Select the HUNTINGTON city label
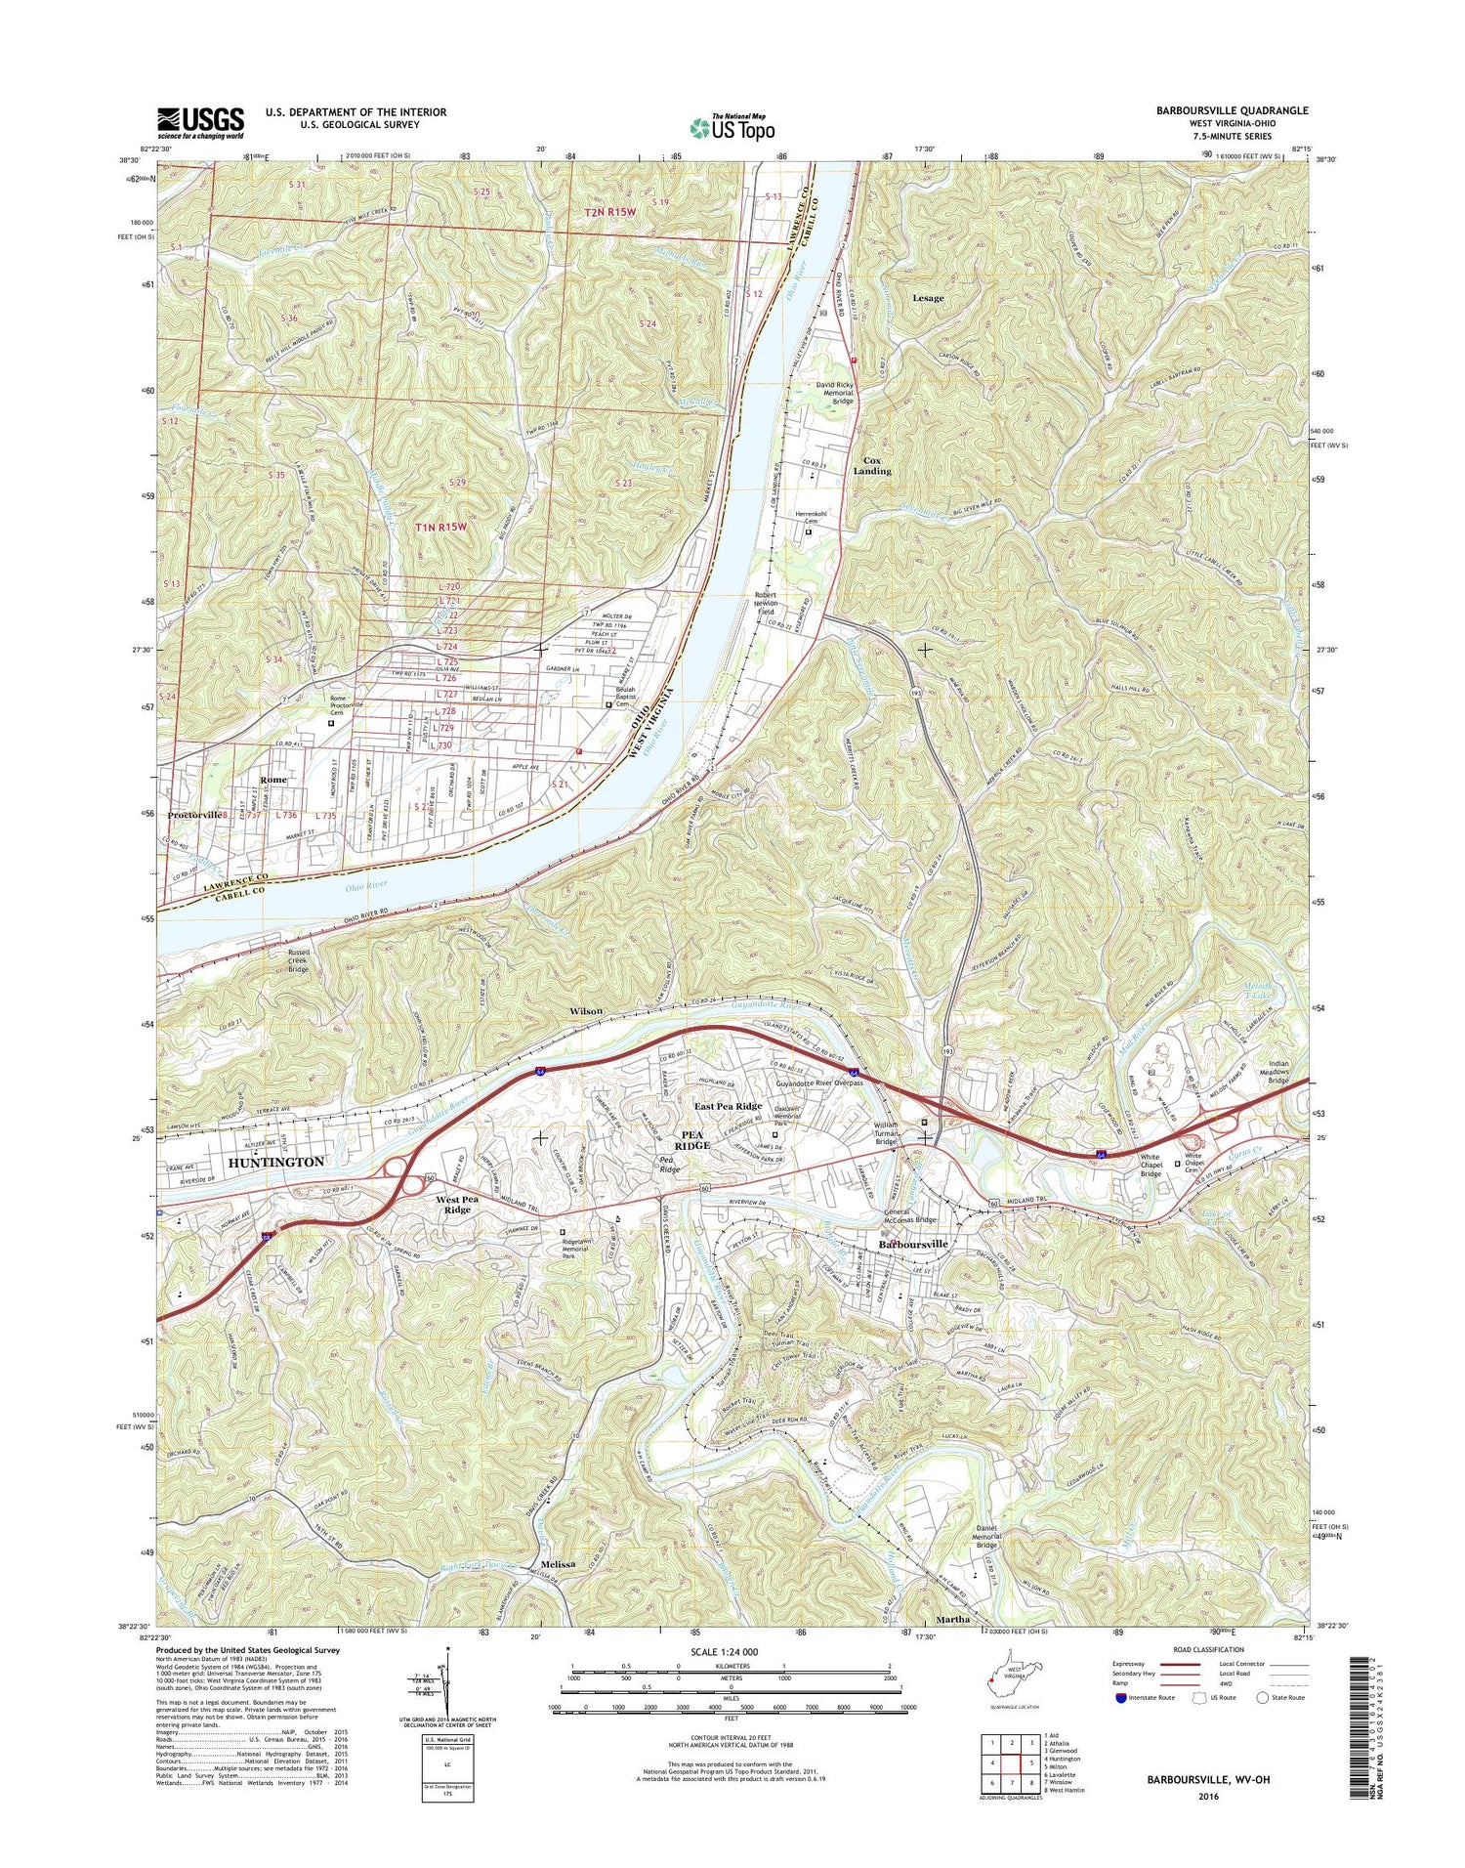point(275,1163)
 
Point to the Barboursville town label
point(913,1245)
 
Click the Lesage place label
point(927,298)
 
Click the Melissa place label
point(551,1564)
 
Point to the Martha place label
point(953,1619)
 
